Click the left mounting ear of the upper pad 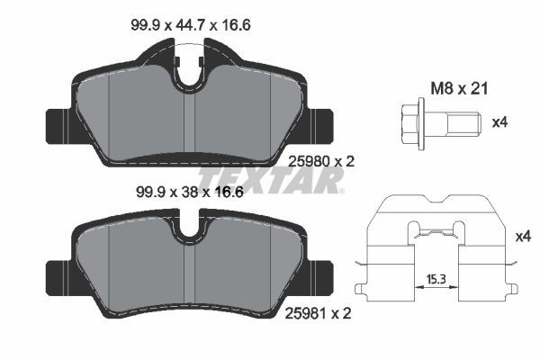click(x=54, y=120)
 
